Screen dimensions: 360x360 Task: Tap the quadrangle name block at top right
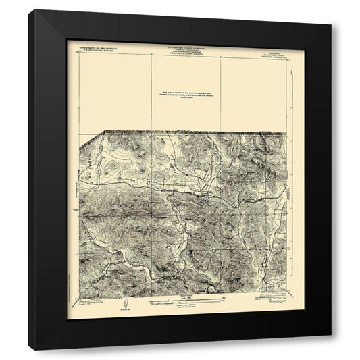pos(273,48)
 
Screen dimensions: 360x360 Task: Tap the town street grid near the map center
pos(203,199)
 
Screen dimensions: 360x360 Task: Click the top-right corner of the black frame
pos(331,25)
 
